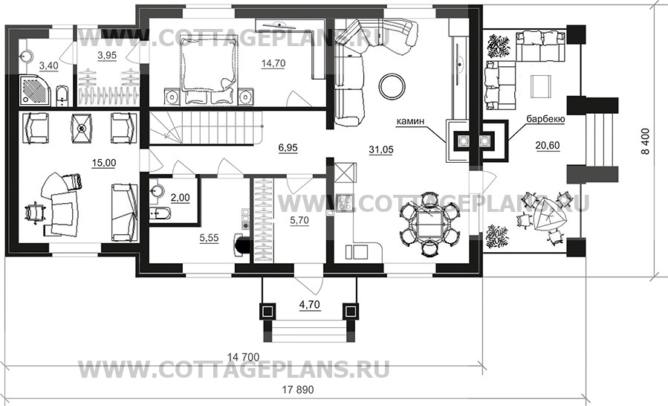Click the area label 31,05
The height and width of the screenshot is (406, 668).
click(x=381, y=149)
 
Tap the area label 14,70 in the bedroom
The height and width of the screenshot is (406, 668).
click(x=273, y=63)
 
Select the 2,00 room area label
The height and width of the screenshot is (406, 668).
click(x=181, y=198)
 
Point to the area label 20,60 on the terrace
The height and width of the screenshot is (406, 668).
click(x=548, y=146)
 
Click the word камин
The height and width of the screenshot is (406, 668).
click(x=411, y=121)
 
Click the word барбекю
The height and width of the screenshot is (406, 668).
click(x=545, y=120)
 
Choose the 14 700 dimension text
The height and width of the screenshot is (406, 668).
click(x=243, y=357)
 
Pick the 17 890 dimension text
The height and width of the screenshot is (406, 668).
click(x=298, y=390)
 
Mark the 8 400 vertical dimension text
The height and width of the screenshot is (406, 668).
click(x=646, y=141)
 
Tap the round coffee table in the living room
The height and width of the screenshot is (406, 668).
click(x=392, y=86)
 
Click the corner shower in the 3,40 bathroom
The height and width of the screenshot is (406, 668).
click(x=36, y=90)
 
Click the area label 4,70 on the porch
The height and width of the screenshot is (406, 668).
click(x=310, y=305)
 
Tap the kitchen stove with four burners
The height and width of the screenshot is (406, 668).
click(x=344, y=202)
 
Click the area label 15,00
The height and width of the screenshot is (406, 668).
click(x=104, y=163)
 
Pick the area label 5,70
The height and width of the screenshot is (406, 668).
click(x=299, y=221)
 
